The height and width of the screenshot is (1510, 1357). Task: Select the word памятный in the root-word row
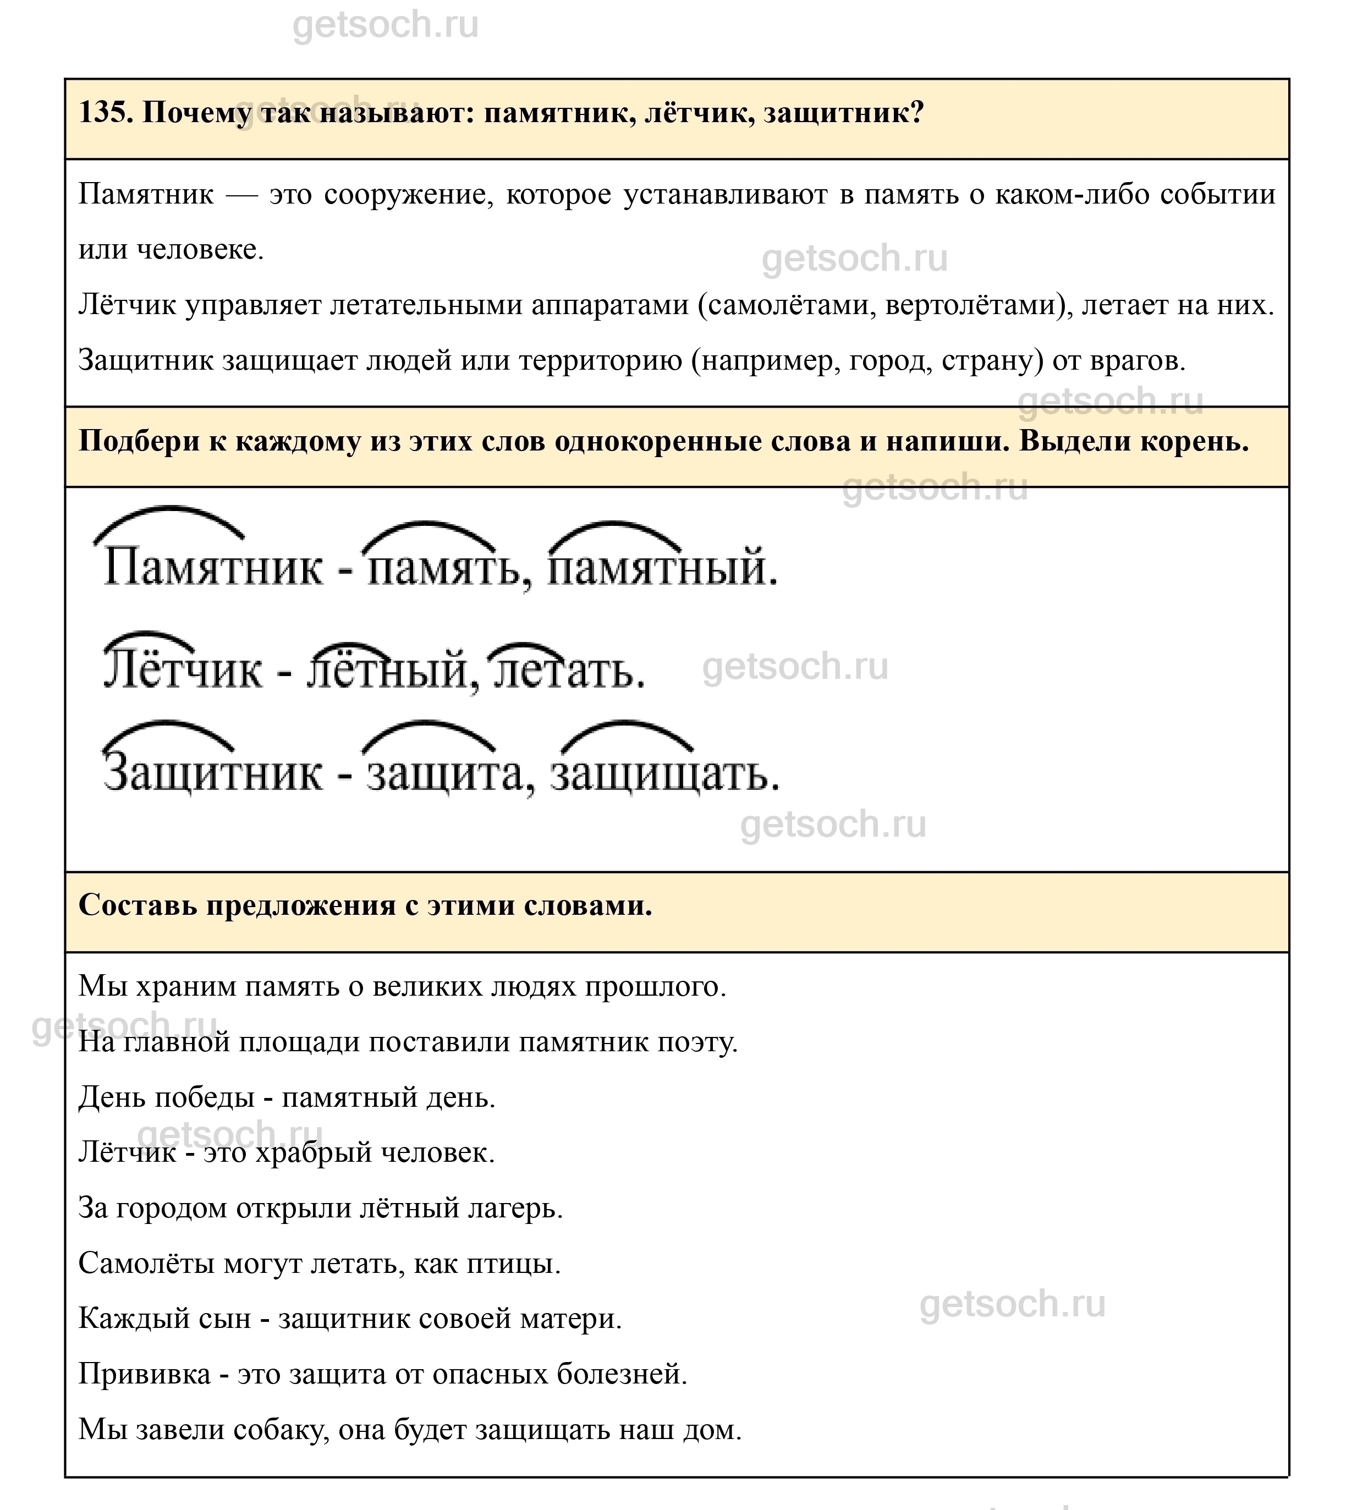pos(660,568)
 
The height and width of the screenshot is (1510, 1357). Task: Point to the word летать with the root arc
pos(567,669)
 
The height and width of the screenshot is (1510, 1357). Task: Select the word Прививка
pos(145,1374)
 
